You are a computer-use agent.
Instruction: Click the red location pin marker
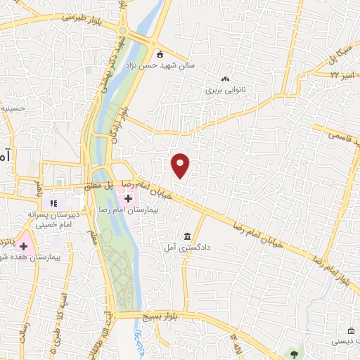click(x=181, y=165)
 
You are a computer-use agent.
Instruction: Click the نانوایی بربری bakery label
click(x=224, y=90)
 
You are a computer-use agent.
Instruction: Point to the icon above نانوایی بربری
click(x=225, y=79)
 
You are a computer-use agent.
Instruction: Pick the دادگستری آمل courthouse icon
click(x=187, y=236)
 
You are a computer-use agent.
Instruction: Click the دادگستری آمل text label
click(x=186, y=248)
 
